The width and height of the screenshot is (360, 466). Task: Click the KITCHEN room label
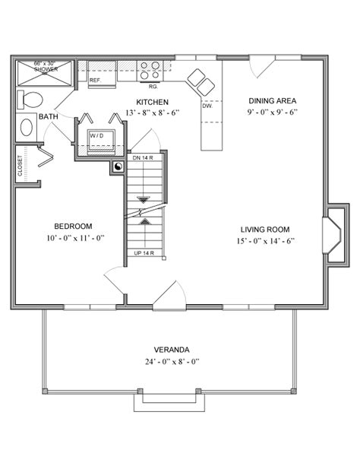tap(152, 102)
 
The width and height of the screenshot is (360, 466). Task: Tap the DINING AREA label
tap(272, 100)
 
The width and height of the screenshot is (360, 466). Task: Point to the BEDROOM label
tap(73, 226)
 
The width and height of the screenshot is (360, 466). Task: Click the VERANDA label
tap(172, 350)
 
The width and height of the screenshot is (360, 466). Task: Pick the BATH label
tap(49, 116)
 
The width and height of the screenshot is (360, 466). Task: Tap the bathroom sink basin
tap(27, 126)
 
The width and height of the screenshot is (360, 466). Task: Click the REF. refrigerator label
tap(96, 80)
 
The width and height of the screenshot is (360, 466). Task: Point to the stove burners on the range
tap(150, 70)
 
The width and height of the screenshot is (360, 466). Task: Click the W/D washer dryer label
tap(96, 135)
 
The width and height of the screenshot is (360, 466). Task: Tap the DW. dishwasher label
tap(207, 106)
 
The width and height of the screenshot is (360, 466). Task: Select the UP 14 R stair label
tap(144, 252)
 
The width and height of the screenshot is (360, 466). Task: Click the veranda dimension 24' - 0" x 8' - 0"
tap(172, 362)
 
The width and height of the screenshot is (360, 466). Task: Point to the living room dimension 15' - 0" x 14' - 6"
tap(265, 242)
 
